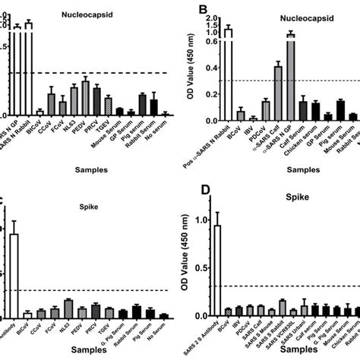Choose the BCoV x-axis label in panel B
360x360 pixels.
point(238,132)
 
